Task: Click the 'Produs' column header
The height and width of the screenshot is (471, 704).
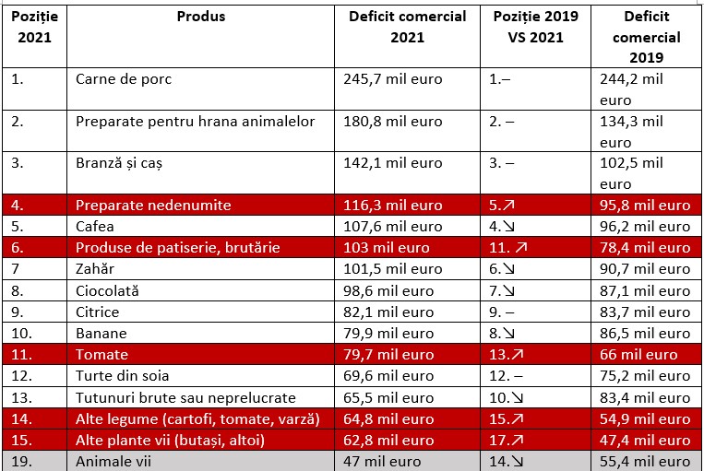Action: click(200, 17)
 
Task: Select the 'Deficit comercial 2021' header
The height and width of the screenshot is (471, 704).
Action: click(407, 27)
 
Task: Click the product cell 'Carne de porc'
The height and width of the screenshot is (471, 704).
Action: click(124, 79)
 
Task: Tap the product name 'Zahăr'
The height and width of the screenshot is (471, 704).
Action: click(95, 269)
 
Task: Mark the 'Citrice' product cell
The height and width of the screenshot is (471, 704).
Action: click(97, 312)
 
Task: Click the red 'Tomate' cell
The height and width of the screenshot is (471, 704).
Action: click(101, 355)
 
